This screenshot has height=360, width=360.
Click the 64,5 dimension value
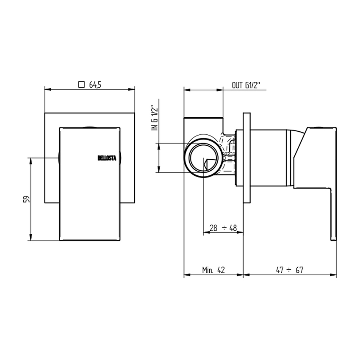click(95, 85)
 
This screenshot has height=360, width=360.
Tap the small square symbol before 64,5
click(82, 84)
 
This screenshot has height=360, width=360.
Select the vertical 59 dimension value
click(25, 199)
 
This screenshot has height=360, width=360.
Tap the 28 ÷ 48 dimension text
click(223, 228)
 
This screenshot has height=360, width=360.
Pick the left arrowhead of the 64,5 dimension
click(47, 89)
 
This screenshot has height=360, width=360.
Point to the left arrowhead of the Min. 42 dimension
click(186, 275)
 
